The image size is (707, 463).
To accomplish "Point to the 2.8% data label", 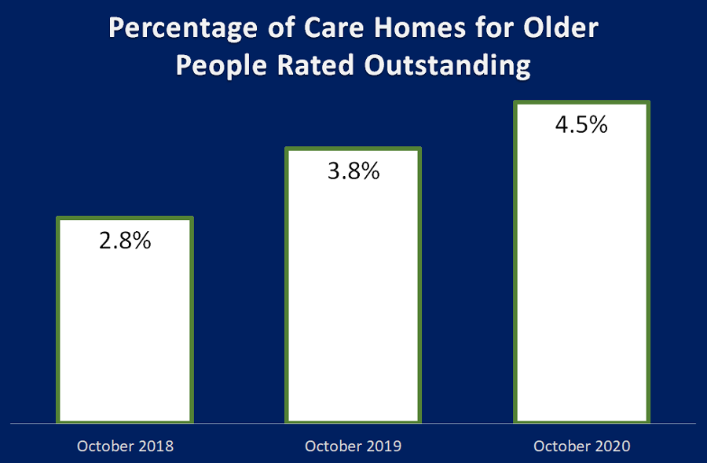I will pos(125,241).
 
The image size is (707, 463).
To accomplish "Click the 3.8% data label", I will pos(353,171).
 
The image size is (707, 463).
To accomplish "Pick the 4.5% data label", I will pos(581,125).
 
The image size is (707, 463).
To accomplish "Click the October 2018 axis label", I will pos(125,446).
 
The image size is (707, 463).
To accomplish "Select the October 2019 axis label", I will pos(353,446).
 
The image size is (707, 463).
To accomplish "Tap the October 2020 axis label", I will pos(581,446).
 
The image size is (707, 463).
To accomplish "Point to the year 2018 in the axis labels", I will pos(154,446).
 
